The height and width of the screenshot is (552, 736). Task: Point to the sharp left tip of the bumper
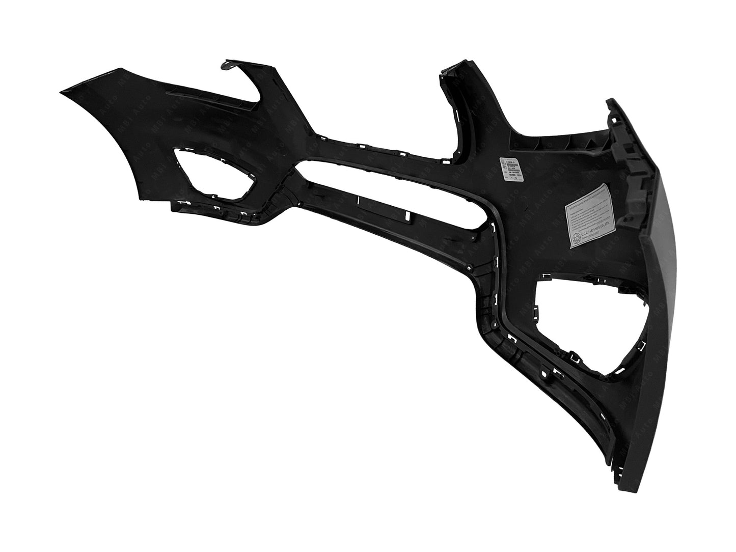point(61,91)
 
